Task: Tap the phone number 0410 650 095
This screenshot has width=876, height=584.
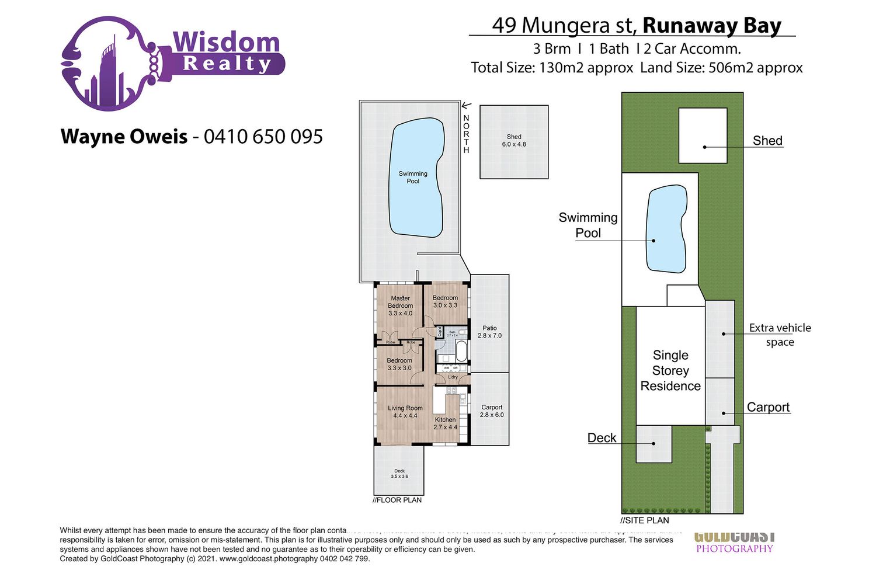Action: click(263, 137)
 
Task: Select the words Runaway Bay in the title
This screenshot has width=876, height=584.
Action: click(711, 26)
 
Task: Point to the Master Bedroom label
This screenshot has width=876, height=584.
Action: click(401, 305)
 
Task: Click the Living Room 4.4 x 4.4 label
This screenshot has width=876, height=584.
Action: click(405, 412)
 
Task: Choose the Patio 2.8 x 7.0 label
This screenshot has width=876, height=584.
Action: click(489, 332)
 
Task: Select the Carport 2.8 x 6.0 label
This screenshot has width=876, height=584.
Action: click(492, 411)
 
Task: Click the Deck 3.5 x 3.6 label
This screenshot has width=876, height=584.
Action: click(399, 474)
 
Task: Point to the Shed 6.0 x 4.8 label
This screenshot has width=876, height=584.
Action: click(514, 140)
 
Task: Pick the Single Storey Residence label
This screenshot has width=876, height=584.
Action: click(670, 370)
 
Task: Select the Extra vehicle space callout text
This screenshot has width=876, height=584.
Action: click(780, 335)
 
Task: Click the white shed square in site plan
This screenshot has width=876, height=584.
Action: click(703, 135)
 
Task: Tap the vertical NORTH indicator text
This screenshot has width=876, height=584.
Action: click(466, 134)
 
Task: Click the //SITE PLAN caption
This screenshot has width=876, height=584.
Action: click(645, 520)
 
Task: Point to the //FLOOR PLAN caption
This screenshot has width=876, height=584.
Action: click(397, 500)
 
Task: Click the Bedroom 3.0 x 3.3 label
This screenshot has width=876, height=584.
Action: click(445, 301)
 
